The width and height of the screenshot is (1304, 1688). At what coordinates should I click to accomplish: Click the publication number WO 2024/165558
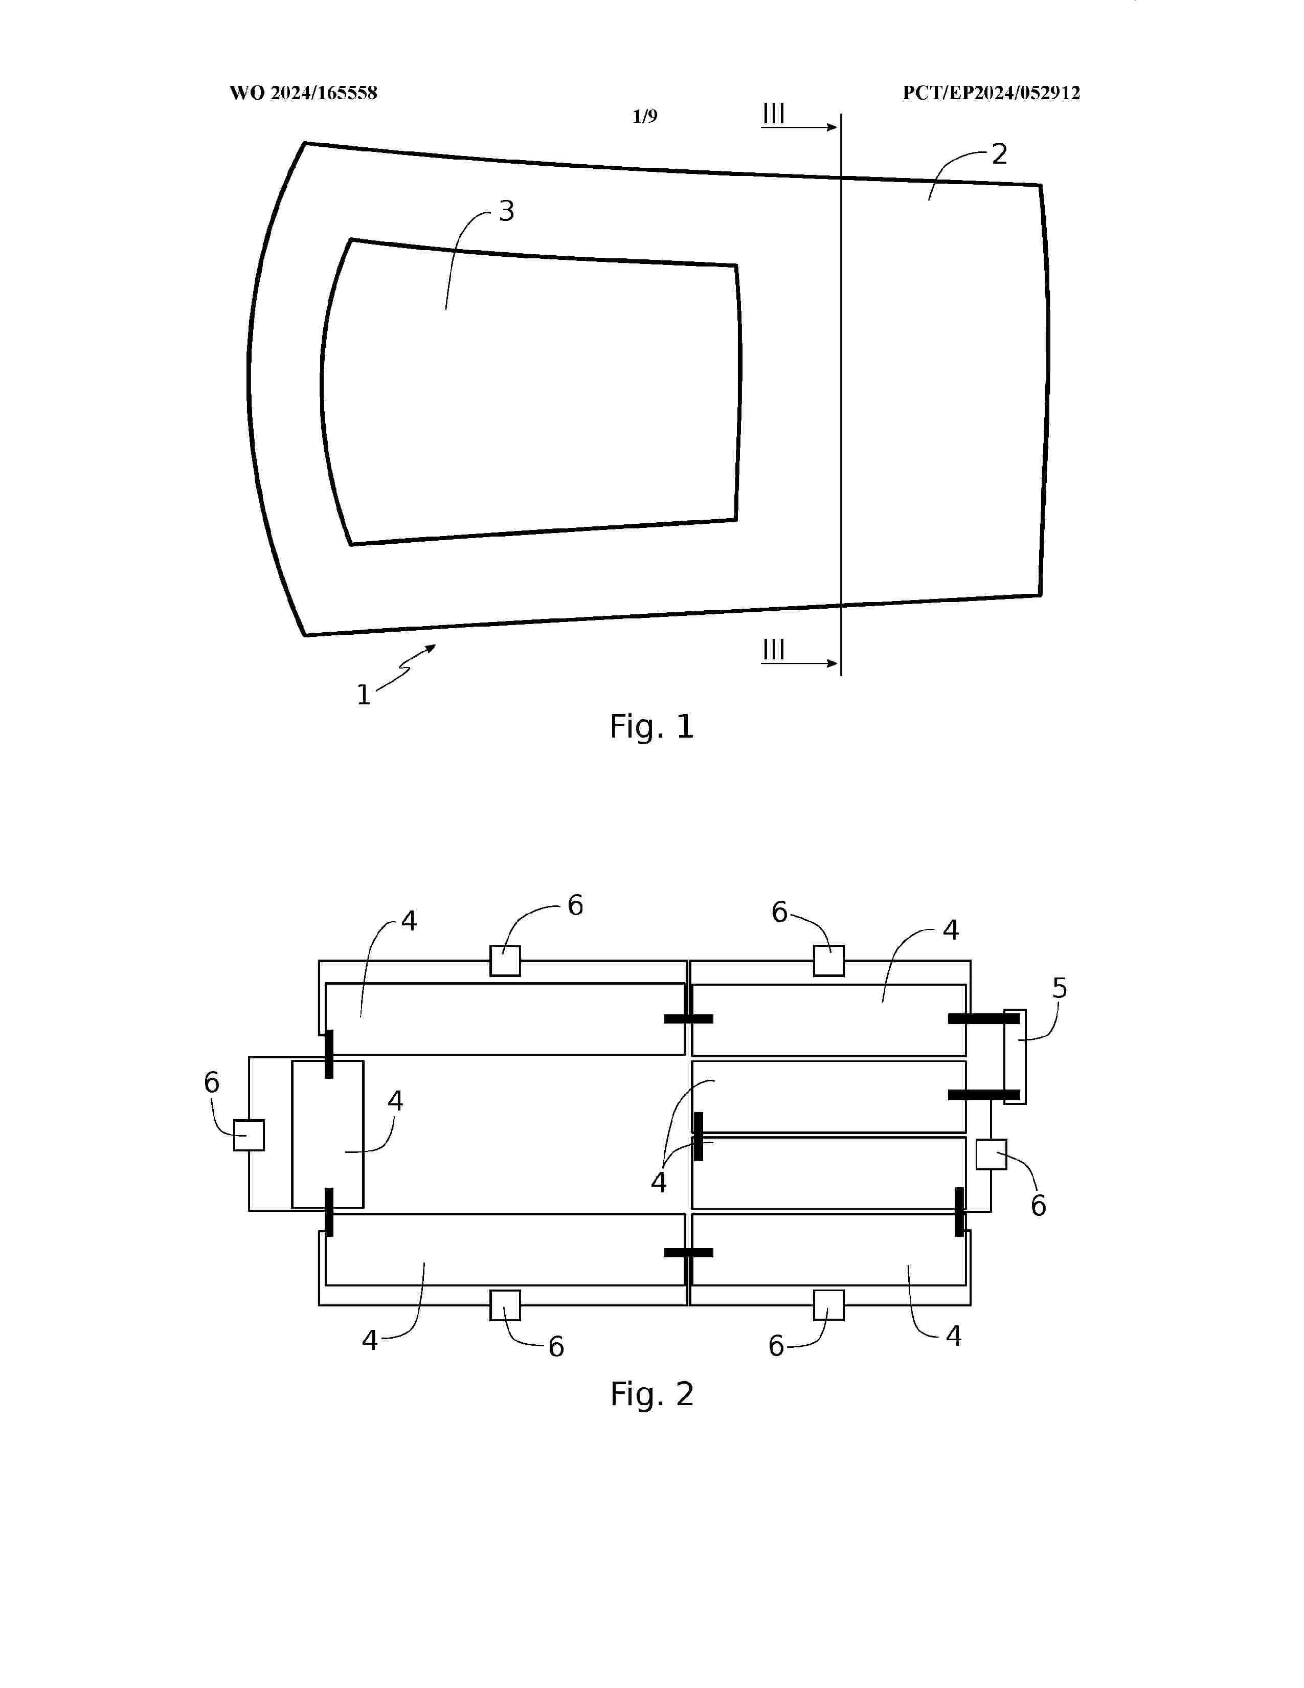pyautogui.click(x=304, y=94)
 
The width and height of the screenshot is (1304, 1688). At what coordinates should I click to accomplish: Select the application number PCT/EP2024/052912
pyautogui.click(x=991, y=94)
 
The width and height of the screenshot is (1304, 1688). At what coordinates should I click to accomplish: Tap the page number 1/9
pyautogui.click(x=645, y=117)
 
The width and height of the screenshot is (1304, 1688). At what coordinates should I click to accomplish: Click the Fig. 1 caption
pyautogui.click(x=652, y=726)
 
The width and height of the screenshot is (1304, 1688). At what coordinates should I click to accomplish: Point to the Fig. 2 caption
pyautogui.click(x=652, y=1394)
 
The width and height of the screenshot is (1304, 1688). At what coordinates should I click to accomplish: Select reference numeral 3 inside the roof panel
pyautogui.click(x=507, y=211)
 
